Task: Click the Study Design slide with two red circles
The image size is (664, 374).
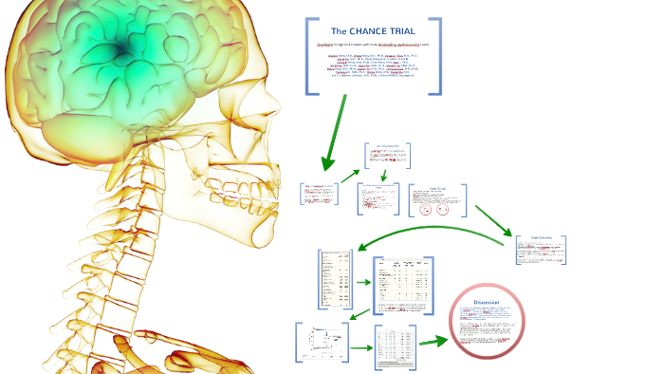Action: [x=438, y=202]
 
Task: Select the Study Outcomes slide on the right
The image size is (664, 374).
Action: [x=540, y=249]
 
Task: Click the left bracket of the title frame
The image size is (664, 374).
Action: [x=309, y=56]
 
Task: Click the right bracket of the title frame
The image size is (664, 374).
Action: [x=437, y=56]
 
